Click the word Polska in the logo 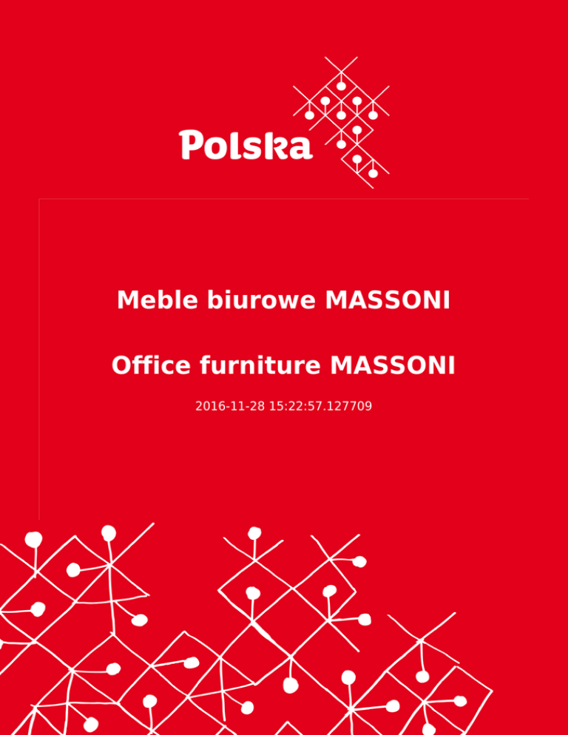pos(246,145)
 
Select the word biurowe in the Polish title pos(261,300)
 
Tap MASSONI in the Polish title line pos(388,300)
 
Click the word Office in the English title pos(151,365)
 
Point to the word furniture pos(260,365)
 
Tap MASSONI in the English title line pos(393,365)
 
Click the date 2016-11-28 pos(230,406)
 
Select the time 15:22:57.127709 pos(320,406)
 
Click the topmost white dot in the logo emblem pos(341,87)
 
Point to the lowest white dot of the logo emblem pos(373,174)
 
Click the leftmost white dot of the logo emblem pos(310,115)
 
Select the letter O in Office pos(123,365)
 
